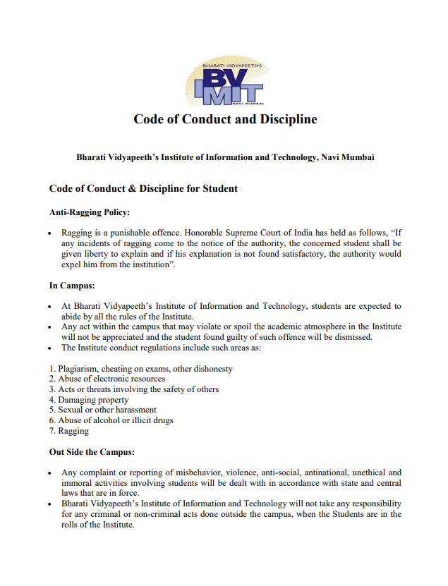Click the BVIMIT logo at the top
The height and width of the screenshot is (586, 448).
click(x=224, y=84)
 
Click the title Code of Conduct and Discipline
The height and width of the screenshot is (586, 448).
click(x=225, y=119)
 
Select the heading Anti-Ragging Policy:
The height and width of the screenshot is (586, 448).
click(x=90, y=212)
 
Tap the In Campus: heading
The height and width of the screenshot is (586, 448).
click(x=72, y=286)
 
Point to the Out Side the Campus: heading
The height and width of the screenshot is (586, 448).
click(x=92, y=451)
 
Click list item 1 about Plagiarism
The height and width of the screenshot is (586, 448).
click(x=141, y=369)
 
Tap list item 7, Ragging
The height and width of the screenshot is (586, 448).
click(x=69, y=431)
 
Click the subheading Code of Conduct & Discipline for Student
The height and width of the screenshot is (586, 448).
click(x=143, y=188)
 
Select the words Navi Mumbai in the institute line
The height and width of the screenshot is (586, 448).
click(x=347, y=157)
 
